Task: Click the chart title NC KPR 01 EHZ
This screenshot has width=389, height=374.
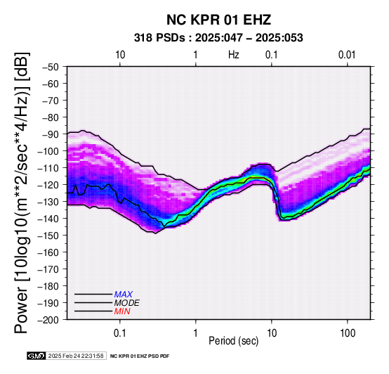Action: pos(218,20)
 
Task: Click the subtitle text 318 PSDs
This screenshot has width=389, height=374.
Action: pos(159,38)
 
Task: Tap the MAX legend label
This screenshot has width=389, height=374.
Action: pos(124,295)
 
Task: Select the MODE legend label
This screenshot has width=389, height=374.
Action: pos(127,303)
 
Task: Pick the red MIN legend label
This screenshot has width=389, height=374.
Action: pos(122,311)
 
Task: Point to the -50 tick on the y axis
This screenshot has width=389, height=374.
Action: pos(50,67)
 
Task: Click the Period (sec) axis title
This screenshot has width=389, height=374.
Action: pos(233,341)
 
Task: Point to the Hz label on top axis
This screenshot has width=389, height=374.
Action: pos(233,55)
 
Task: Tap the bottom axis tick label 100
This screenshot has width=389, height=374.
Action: pos(348,333)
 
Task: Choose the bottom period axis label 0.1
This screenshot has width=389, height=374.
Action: pos(120,333)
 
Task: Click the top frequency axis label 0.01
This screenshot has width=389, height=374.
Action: pos(347,55)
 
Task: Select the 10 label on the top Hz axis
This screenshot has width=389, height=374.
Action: pos(120,55)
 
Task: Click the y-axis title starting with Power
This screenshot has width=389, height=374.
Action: pos(21,193)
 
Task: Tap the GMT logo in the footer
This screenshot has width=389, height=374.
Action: pos(37,356)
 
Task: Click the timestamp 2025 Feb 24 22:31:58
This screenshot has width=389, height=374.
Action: pos(76,356)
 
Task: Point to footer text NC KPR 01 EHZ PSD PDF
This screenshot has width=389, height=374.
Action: pos(140,356)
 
